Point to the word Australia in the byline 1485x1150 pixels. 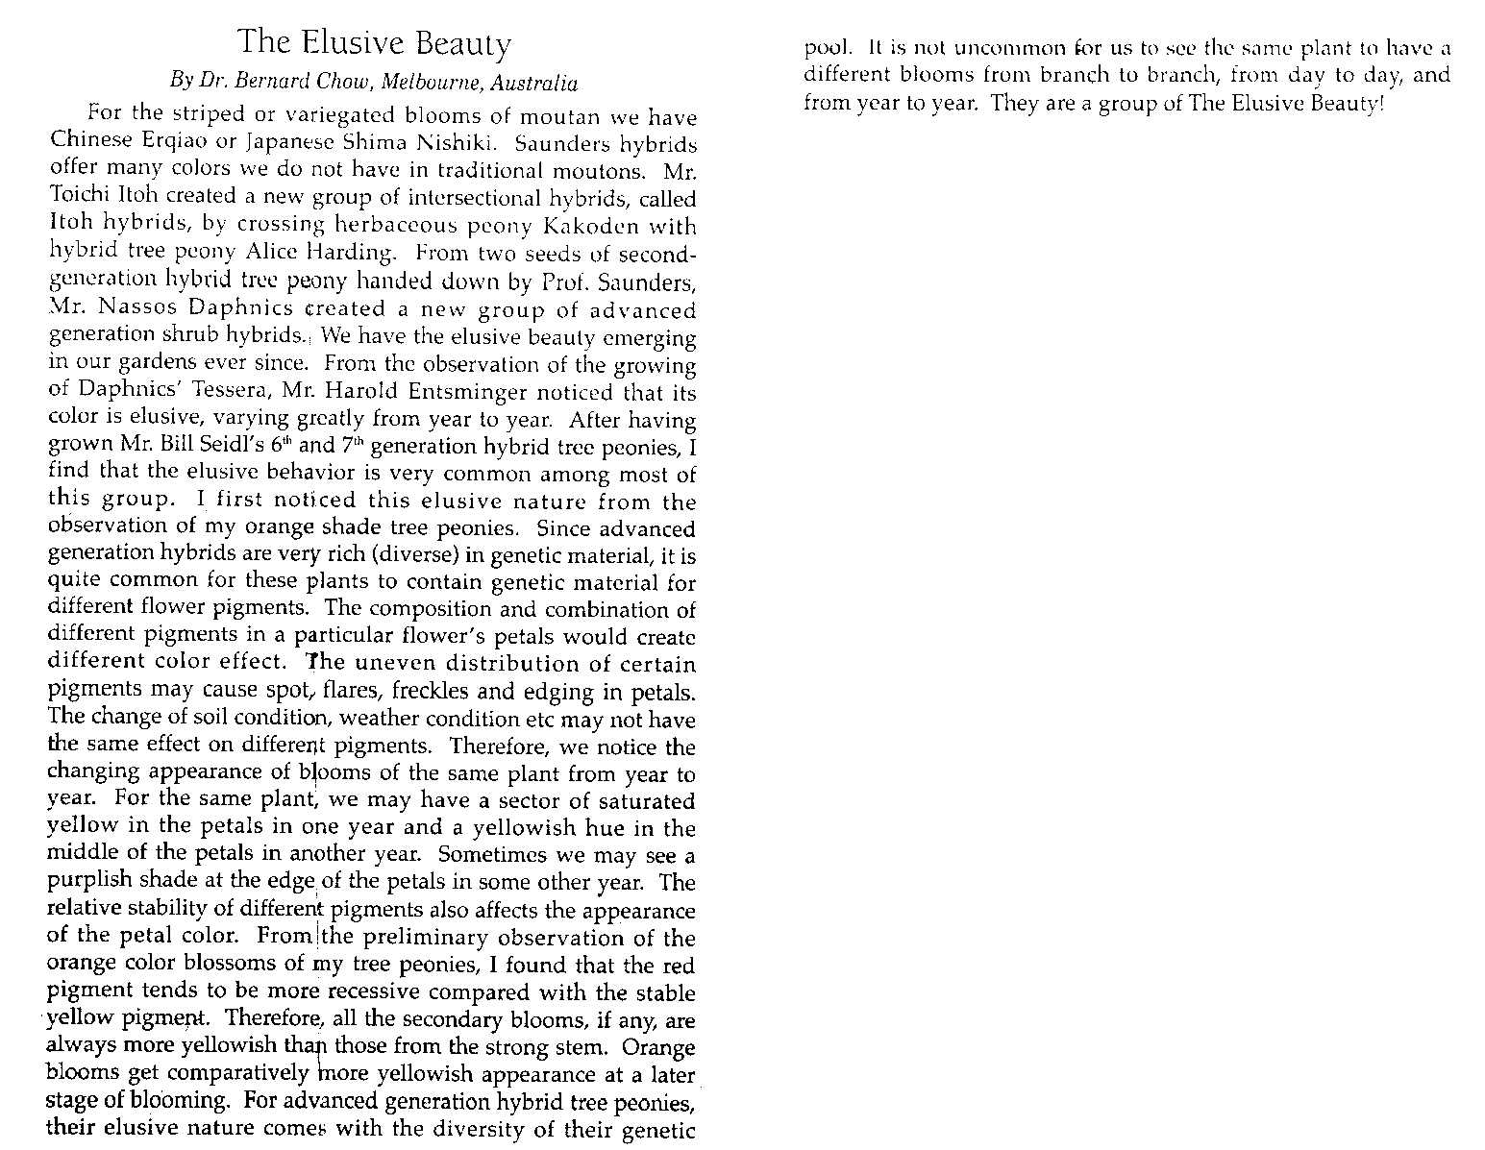[x=534, y=83]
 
